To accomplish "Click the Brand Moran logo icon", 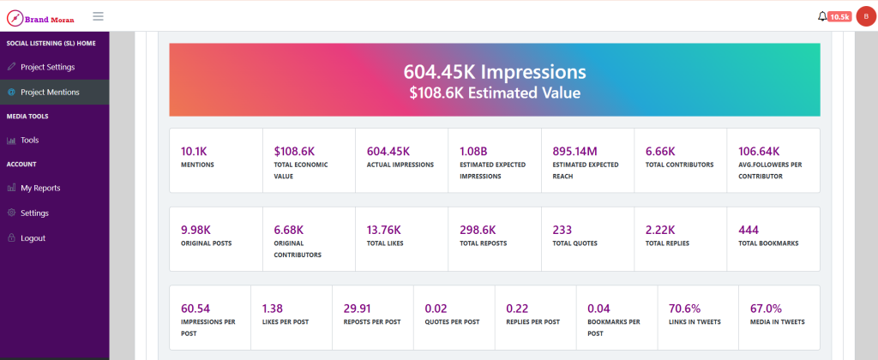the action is click(15, 19).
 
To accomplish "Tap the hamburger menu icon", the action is click(98, 16).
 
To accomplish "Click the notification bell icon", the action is click(822, 17).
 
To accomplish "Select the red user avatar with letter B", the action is click(866, 17).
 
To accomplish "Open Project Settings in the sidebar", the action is click(48, 67).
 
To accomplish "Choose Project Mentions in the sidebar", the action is click(50, 93).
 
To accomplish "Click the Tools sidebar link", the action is click(30, 141).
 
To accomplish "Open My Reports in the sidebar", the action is click(40, 188).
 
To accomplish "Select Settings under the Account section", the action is click(34, 213).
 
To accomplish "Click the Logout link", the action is click(33, 238).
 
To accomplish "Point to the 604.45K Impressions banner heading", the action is click(495, 72).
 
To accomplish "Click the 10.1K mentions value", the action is click(194, 151).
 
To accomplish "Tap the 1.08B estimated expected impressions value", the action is click(473, 151).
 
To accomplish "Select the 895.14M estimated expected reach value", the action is click(575, 151).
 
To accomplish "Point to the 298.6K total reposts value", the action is click(478, 230).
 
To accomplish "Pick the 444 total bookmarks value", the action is click(748, 230).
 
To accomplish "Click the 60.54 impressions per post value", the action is click(195, 309).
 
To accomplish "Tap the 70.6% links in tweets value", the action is click(685, 309).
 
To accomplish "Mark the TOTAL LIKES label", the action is click(385, 243).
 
